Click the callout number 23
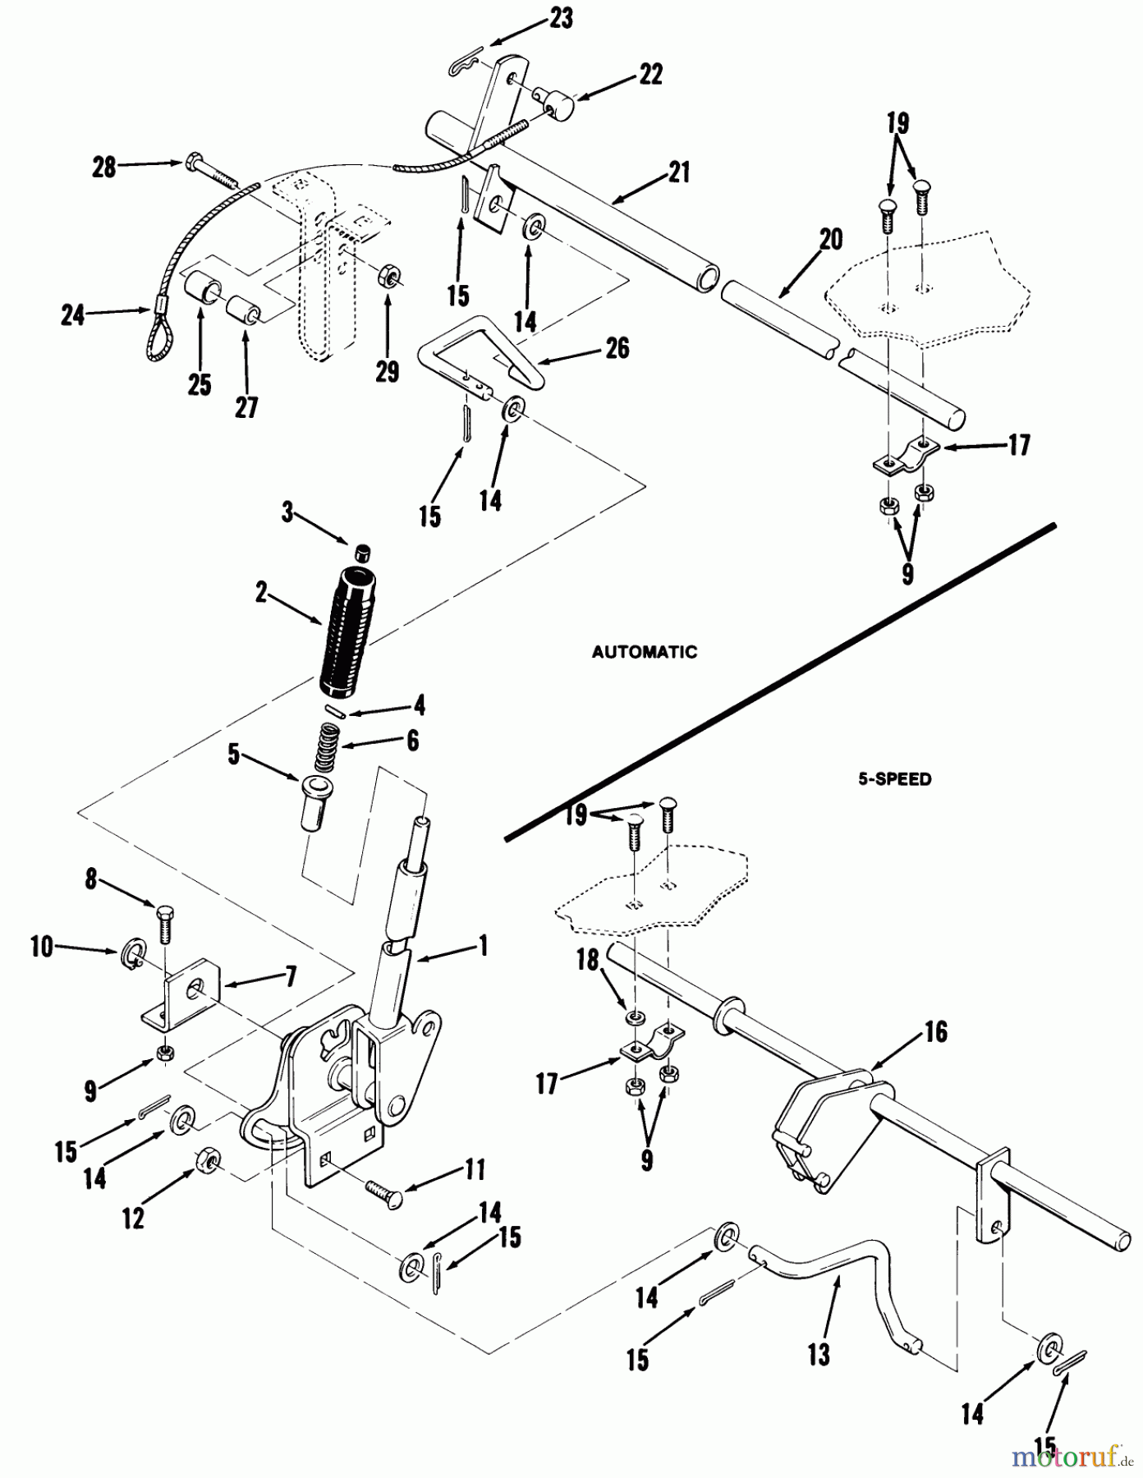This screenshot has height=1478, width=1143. pyautogui.click(x=562, y=19)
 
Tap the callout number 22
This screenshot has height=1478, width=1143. pyautogui.click(x=651, y=75)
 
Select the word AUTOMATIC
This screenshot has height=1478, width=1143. pyautogui.click(x=645, y=652)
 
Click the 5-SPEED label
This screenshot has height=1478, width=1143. pyautogui.click(x=895, y=779)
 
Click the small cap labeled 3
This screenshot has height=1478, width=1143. pyautogui.click(x=362, y=551)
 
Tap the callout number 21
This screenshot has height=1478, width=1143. pyautogui.click(x=679, y=172)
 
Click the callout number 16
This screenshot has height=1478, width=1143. pyautogui.click(x=936, y=1031)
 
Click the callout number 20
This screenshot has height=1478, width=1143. pyautogui.click(x=831, y=240)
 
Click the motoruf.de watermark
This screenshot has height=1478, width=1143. pyautogui.click(x=1066, y=1456)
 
